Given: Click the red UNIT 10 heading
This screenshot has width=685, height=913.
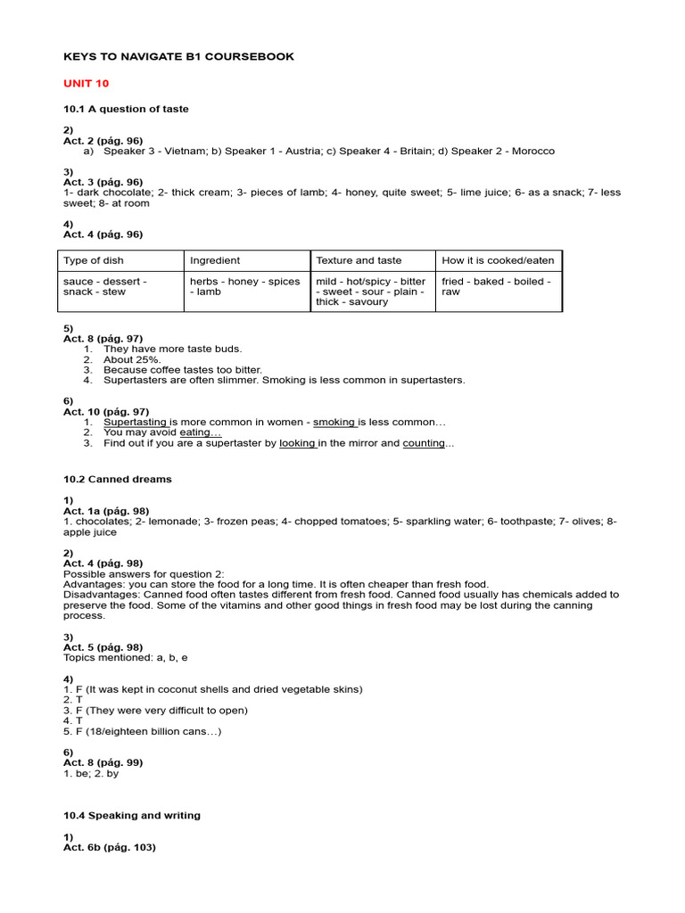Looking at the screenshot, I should click(86, 83).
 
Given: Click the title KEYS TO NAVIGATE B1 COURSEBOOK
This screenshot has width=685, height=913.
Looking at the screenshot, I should click(178, 57).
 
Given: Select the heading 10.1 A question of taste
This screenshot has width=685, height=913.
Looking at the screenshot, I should click(126, 109).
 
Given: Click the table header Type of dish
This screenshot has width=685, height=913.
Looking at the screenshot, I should click(94, 260).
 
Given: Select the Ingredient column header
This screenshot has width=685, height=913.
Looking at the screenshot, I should click(215, 260).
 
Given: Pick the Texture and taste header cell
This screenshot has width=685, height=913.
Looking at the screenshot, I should click(359, 260).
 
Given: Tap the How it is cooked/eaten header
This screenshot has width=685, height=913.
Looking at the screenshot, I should click(498, 260).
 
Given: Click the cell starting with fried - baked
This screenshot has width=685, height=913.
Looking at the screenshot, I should click(496, 286).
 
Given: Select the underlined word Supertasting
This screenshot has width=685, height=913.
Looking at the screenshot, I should click(136, 422).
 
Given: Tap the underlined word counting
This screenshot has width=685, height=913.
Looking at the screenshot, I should click(423, 443).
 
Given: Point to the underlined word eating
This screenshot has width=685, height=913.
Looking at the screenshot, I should click(200, 432).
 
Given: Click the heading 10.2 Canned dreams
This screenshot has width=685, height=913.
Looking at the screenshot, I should click(118, 479).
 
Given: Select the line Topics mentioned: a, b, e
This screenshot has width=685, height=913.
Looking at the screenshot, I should click(126, 657).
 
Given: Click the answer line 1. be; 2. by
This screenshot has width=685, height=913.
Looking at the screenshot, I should click(91, 773).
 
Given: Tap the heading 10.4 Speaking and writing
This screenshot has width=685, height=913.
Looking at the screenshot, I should click(132, 815).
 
